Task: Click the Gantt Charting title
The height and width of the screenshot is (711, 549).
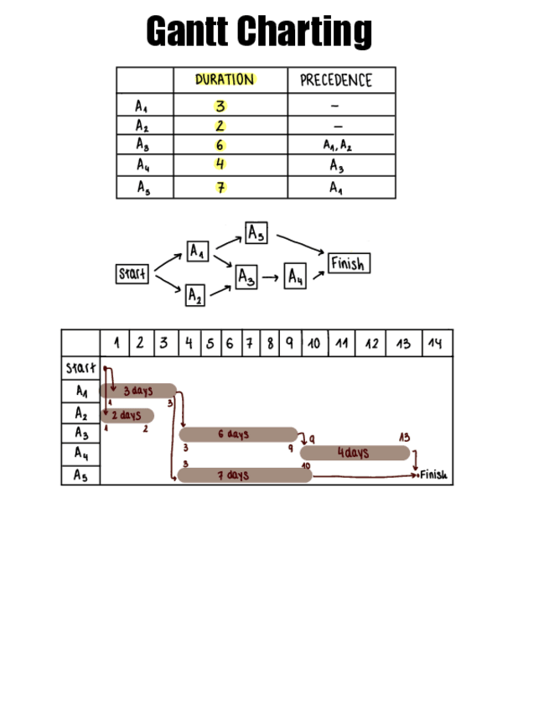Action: tap(259, 32)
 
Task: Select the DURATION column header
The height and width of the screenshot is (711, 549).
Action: tap(225, 80)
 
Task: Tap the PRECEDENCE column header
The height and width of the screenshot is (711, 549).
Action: tap(335, 80)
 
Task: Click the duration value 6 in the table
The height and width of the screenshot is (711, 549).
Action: tap(220, 145)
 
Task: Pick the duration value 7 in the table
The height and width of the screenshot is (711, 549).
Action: tap(220, 187)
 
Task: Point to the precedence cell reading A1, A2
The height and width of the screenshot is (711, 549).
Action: tap(337, 145)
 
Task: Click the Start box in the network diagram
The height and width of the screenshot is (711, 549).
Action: tap(132, 273)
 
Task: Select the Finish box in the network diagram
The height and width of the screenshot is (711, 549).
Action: tap(347, 264)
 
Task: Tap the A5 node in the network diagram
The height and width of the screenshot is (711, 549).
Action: tap(256, 232)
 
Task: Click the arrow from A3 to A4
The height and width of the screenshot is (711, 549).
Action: tap(270, 276)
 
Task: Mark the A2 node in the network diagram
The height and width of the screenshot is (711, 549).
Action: tap(194, 295)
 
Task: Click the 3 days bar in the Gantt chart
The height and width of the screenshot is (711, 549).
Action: tap(138, 391)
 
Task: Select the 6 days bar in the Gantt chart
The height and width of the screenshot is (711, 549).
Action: tap(238, 434)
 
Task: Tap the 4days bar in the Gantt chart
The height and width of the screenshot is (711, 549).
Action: tap(355, 454)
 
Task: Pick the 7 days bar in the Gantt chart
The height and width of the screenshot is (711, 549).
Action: tap(244, 475)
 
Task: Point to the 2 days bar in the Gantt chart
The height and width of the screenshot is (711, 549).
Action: tap(127, 415)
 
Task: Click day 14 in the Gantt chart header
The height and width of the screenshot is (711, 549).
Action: tap(434, 343)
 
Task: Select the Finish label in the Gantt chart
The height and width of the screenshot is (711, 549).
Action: tap(434, 475)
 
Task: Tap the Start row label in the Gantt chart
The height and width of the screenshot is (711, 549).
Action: tap(80, 368)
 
